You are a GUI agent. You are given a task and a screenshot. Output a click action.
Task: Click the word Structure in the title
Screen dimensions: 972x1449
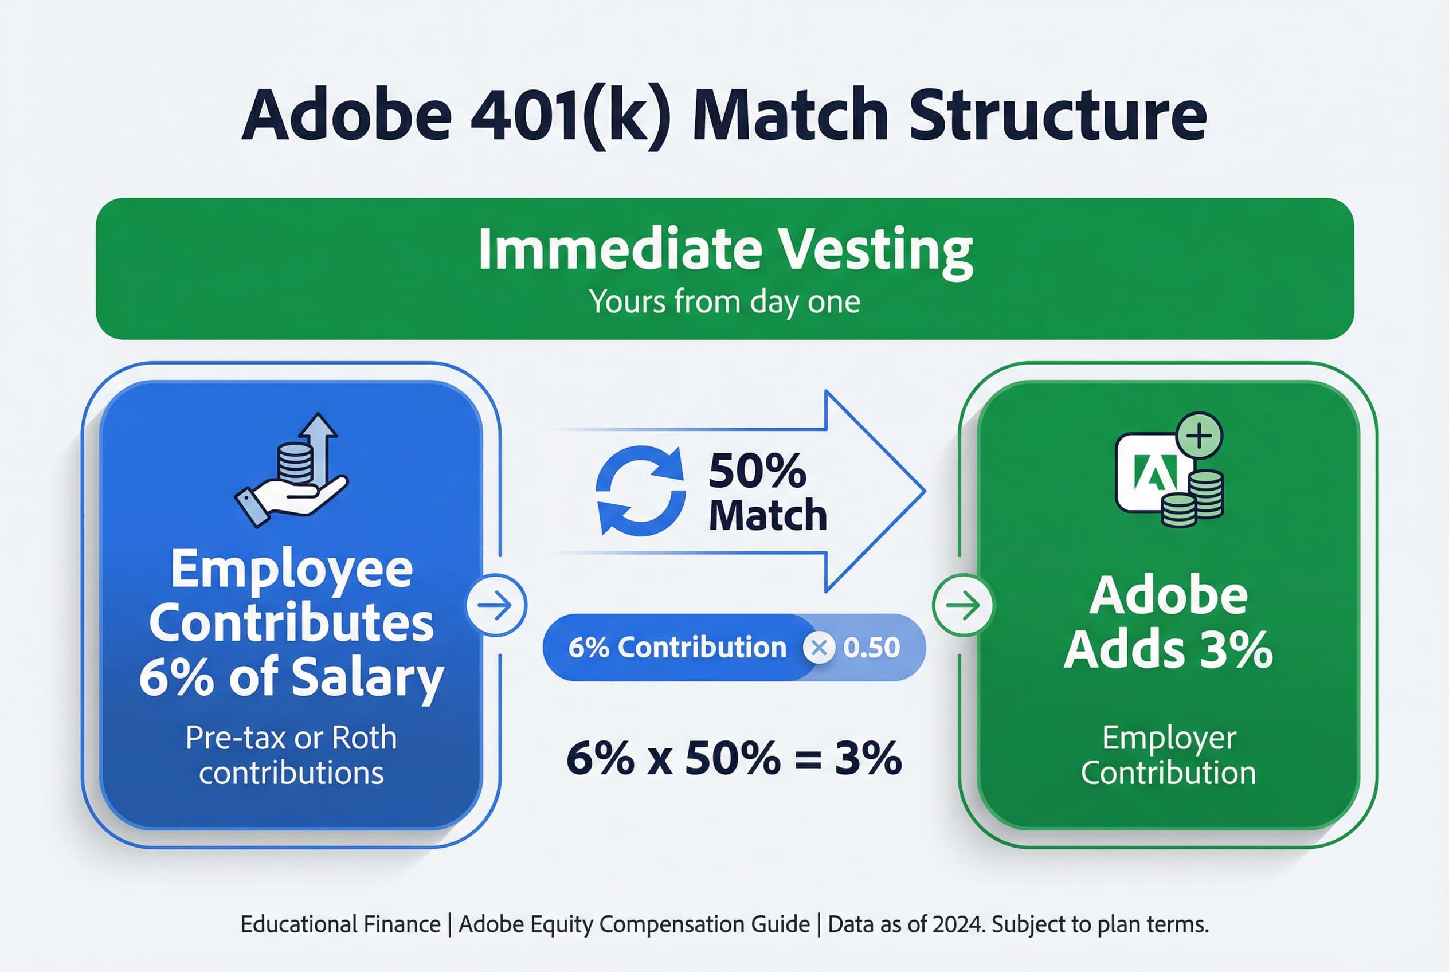pyautogui.click(x=1058, y=115)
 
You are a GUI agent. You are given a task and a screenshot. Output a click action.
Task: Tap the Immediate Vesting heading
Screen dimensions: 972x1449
pyautogui.click(x=725, y=249)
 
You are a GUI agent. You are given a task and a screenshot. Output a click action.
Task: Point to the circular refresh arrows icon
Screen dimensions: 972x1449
pyautogui.click(x=640, y=491)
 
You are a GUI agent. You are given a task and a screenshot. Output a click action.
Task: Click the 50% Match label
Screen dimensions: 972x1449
pyautogui.click(x=767, y=493)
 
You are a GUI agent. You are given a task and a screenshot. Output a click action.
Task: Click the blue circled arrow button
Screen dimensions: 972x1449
pyautogui.click(x=496, y=605)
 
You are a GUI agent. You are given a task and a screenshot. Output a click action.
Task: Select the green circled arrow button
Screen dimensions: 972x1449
pyautogui.click(x=964, y=606)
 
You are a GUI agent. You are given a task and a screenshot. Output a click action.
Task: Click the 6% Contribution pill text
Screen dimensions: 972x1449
pyautogui.click(x=677, y=648)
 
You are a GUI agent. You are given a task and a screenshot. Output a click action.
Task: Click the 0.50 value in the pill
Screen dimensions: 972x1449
pyautogui.click(x=871, y=648)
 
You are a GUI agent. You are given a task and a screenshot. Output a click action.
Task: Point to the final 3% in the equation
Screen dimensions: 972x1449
pyautogui.click(x=868, y=758)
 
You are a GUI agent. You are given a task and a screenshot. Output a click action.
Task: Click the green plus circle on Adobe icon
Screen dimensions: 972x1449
pyautogui.click(x=1199, y=436)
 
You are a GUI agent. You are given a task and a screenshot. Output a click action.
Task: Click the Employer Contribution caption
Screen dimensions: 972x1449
pyautogui.click(x=1168, y=756)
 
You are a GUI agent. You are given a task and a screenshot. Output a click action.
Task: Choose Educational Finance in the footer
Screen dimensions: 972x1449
pyautogui.click(x=340, y=924)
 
